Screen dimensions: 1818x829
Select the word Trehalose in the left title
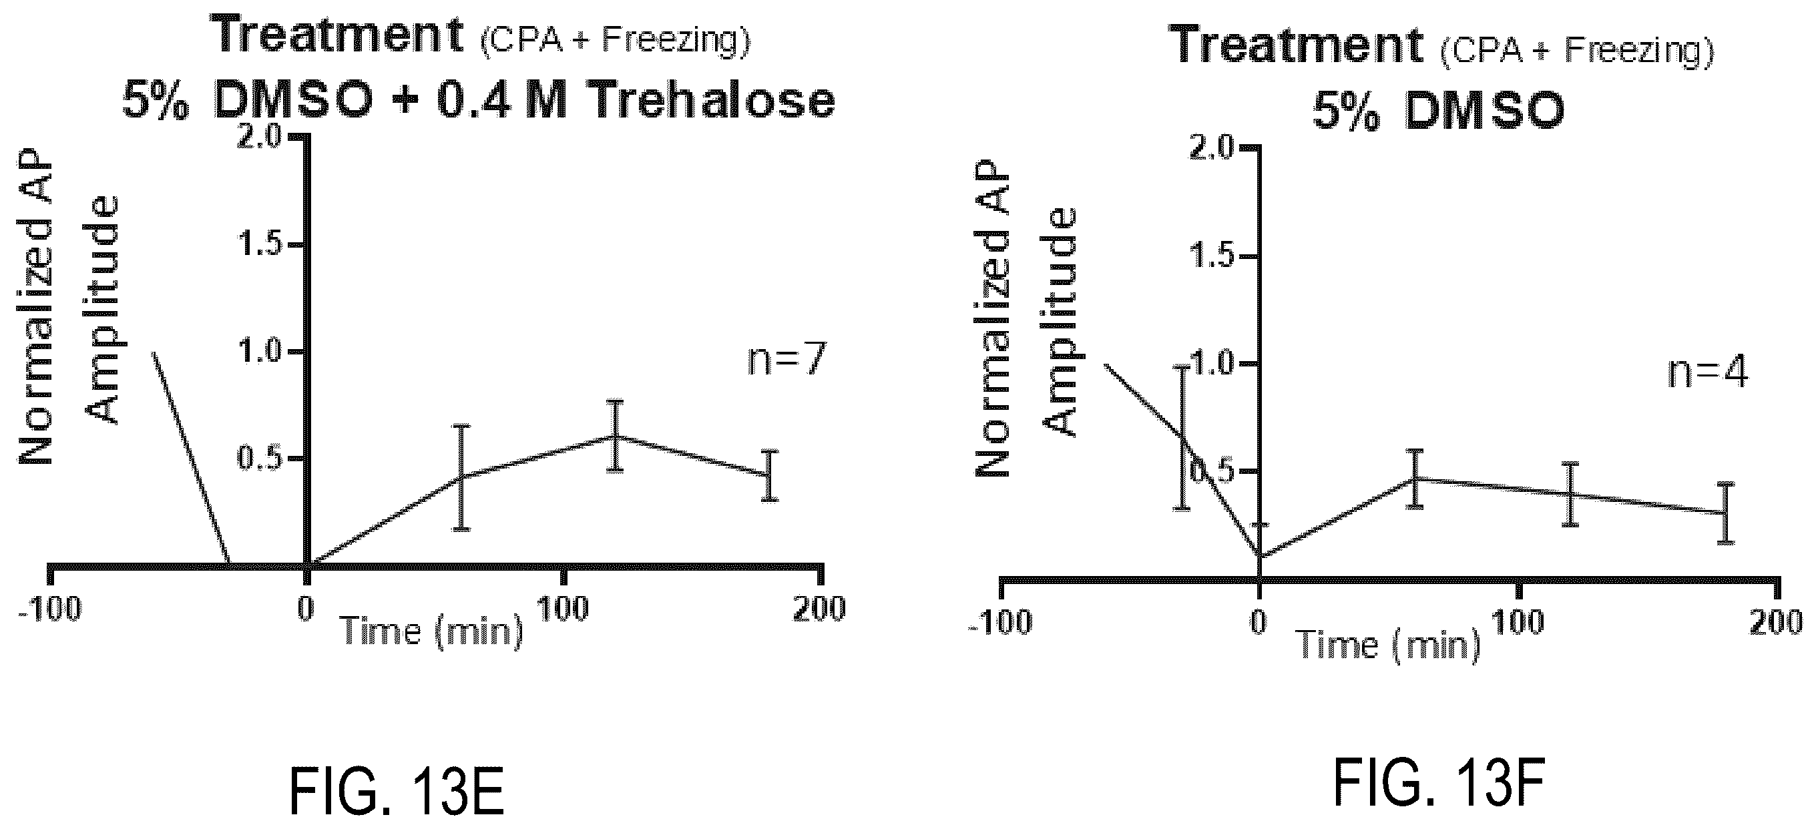(712, 100)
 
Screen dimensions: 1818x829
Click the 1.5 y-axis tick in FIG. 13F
(1212, 256)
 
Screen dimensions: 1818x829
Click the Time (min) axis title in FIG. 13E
(432, 631)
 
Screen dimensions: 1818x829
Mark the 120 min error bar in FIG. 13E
(616, 435)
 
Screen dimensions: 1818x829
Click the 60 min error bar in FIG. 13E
(461, 477)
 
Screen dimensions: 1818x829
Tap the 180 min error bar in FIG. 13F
(1725, 512)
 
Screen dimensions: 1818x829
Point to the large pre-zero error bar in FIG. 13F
(1182, 437)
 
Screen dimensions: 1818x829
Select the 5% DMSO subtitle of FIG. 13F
(1438, 111)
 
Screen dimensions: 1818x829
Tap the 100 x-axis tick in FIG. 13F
(1518, 621)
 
